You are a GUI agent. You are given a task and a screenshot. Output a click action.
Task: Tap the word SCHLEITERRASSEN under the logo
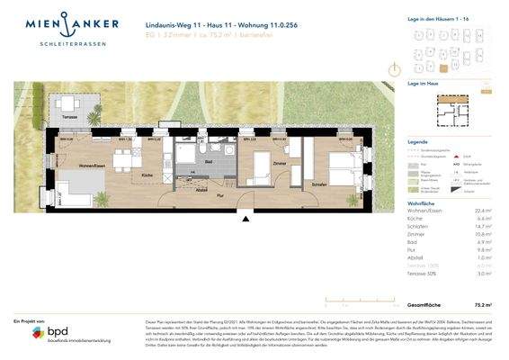pyautogui.click(x=66, y=40)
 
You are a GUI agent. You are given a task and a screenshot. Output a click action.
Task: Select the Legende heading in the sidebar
pyautogui.click(x=417, y=142)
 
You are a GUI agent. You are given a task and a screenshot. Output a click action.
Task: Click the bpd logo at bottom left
pyautogui.click(x=49, y=333)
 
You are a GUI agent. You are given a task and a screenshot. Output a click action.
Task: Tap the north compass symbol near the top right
pyautogui.click(x=393, y=68)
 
